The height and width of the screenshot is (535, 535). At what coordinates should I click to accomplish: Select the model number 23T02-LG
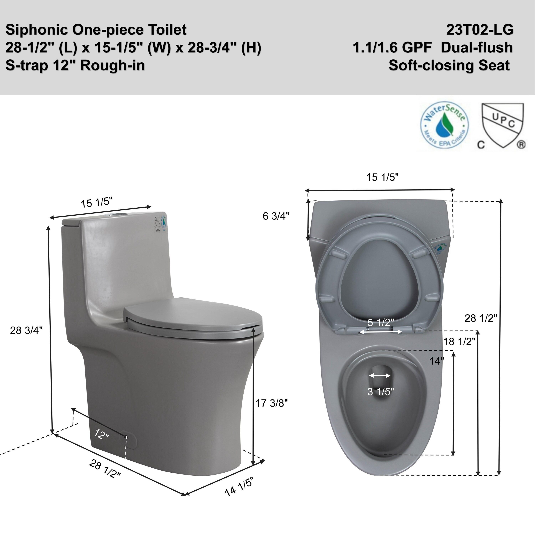(480, 30)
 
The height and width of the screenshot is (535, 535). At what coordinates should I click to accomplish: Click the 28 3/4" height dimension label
(26, 330)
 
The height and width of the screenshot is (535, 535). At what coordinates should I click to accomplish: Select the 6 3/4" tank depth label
(276, 216)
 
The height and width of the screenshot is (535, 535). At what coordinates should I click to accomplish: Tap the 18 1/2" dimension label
(459, 342)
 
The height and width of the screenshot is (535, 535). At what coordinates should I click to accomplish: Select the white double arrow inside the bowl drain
(380, 376)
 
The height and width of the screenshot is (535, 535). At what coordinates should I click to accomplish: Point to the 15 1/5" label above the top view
(382, 177)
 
